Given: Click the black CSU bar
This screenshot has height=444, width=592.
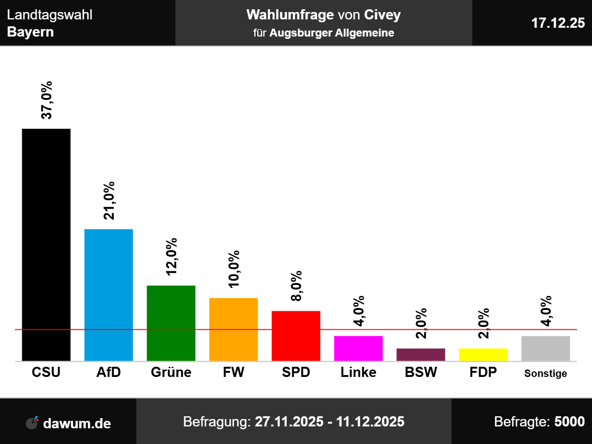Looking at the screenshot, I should point(46,245).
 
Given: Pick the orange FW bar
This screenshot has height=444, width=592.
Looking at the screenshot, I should point(234,329).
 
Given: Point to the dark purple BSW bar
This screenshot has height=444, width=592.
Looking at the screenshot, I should point(421,355).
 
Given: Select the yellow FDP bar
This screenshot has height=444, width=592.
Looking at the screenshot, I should point(483,355).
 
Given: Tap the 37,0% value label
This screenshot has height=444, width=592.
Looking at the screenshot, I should point(47,100).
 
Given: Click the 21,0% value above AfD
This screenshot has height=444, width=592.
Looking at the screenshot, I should point(109,201).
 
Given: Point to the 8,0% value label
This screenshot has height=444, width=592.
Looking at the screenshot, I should point(296,286).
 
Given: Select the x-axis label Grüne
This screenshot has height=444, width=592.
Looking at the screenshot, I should point(171,372).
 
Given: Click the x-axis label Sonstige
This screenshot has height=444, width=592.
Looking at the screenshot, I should point(546,373).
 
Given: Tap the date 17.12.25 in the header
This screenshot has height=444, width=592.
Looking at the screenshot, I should point(558,23).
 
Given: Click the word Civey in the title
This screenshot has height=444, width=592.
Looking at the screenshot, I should point(382,15).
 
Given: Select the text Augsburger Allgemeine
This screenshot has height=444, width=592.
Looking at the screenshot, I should point(332,33).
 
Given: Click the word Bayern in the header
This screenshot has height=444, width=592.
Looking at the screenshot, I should point(31,32).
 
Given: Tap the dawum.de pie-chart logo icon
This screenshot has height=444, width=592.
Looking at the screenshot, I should point(32,423).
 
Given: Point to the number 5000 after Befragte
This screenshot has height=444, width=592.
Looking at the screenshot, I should point(569,422).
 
